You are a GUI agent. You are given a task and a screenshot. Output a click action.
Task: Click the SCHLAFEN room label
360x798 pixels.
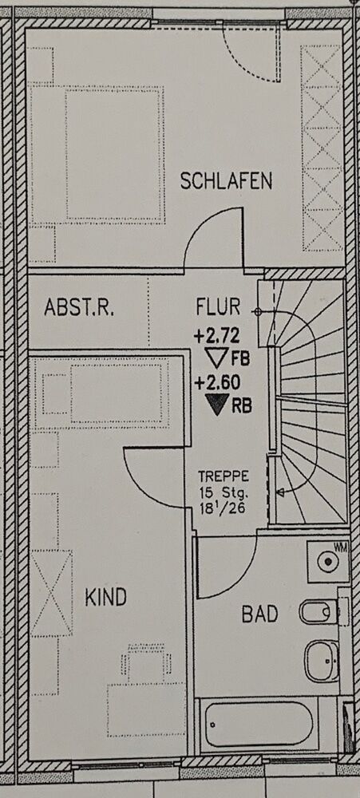click(226, 181)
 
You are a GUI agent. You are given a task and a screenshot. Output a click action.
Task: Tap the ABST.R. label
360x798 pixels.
click(79, 307)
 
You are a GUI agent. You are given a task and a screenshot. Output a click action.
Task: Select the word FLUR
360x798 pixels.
click(218, 307)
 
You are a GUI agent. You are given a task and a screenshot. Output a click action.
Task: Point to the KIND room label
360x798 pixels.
click(105, 597)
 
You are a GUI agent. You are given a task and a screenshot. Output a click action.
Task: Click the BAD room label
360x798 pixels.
click(259, 614)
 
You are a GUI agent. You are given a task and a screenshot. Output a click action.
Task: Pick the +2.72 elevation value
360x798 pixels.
click(216, 336)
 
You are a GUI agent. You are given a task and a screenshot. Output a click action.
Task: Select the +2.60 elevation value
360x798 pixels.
click(217, 383)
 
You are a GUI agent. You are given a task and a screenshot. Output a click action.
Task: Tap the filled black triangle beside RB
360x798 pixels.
click(217, 405)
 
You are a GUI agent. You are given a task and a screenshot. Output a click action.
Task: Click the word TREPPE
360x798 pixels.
click(224, 477)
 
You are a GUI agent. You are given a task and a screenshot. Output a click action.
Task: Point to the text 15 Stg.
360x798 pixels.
click(224, 492)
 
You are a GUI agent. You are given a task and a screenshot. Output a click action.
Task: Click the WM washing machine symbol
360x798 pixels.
click(328, 561)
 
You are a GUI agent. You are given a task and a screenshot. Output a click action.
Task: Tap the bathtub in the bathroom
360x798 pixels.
click(260, 725)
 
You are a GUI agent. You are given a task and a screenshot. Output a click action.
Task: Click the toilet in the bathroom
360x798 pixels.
click(318, 612)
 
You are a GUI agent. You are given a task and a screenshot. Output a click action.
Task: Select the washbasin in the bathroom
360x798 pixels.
click(322, 661)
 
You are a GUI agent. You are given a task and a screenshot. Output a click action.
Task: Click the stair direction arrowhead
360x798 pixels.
click(279, 492)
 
